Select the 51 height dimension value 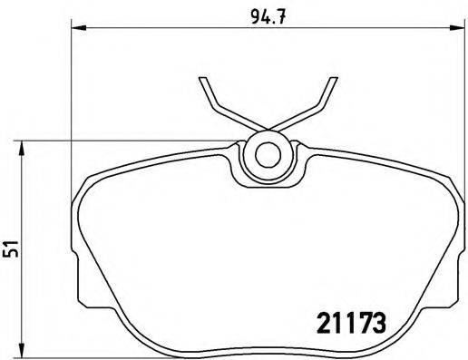coord(10,248)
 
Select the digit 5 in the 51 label coord(10,254)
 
